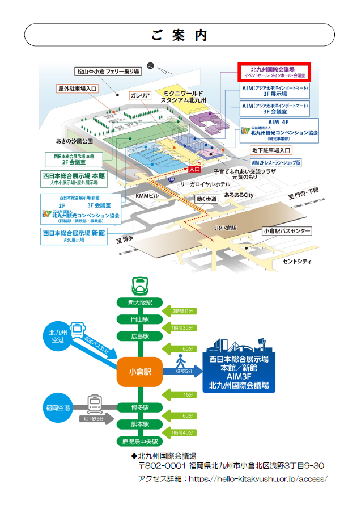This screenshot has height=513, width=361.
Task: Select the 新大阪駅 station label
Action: click(x=140, y=302)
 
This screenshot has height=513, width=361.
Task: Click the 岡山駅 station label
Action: click(x=140, y=319)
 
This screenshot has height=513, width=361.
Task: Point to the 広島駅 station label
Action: click(x=140, y=336)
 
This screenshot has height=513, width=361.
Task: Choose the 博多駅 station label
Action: click(x=140, y=407)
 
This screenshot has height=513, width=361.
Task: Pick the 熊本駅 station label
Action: click(x=140, y=424)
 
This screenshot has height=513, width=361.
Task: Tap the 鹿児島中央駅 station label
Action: click(x=140, y=441)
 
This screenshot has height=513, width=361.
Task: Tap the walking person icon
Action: click(x=181, y=360)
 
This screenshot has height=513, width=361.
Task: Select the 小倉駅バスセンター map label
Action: click(x=286, y=232)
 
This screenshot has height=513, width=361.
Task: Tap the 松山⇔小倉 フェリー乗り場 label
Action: click(x=107, y=72)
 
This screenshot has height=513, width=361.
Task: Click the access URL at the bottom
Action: click(x=257, y=478)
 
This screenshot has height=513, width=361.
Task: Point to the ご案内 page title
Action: click(x=180, y=35)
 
